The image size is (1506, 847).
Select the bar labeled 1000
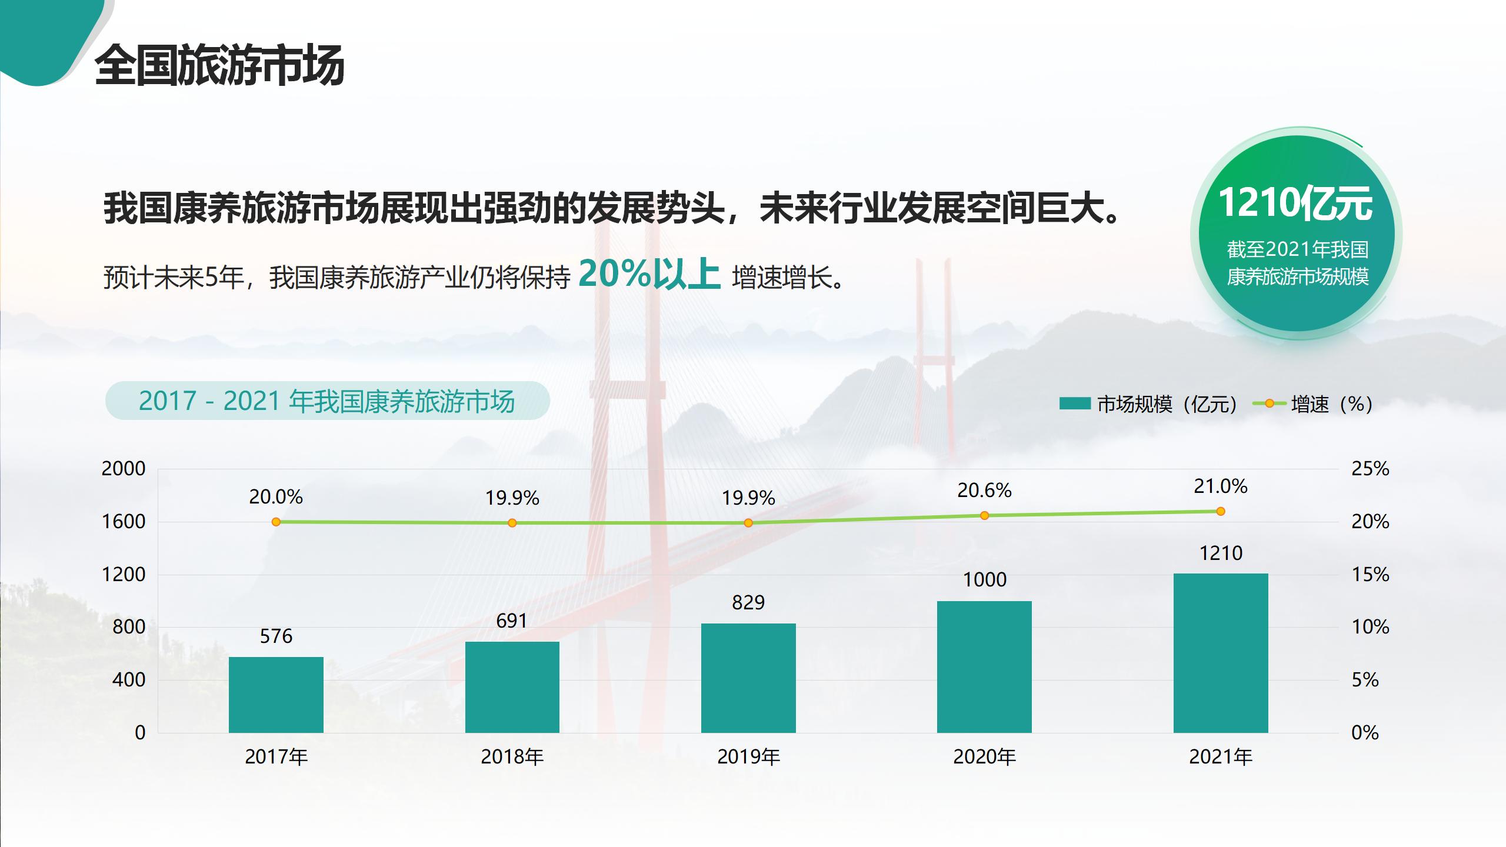coord(984,666)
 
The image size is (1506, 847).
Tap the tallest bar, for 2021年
coord(1221,653)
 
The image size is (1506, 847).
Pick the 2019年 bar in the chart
coord(748,678)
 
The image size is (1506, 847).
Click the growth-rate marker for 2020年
coord(984,515)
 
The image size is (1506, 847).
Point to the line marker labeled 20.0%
coord(276,522)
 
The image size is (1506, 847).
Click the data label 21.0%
coord(1221,486)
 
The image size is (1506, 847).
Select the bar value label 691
coord(512,621)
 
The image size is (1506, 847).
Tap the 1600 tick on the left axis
coord(124,522)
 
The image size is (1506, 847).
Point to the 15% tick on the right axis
coord(1370,575)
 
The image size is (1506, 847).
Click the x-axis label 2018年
coord(512,757)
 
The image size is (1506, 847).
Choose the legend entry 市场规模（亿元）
coord(1150,404)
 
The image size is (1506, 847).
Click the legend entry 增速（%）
coord(1315,404)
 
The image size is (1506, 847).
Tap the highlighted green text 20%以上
coord(649,274)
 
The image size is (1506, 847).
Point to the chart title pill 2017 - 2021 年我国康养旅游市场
coord(327,401)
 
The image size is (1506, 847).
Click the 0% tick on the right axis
coord(1365,733)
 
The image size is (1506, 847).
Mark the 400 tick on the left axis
coord(129,680)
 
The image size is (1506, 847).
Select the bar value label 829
coord(748,603)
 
